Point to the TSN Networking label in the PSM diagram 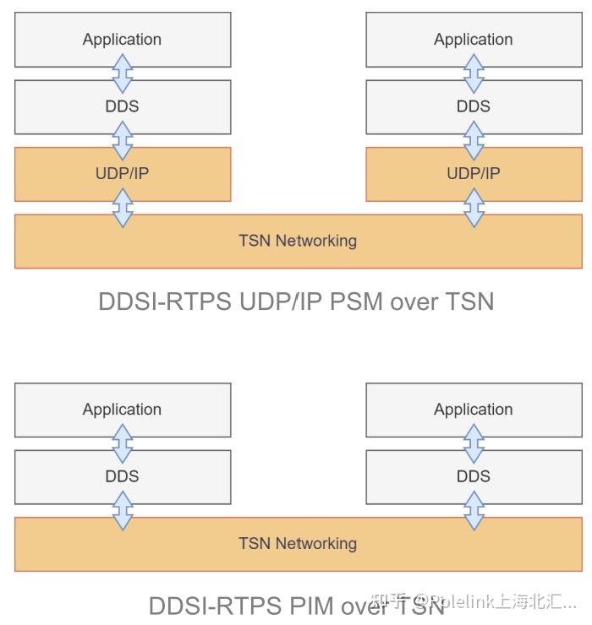[298, 241]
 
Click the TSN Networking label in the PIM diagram [298, 544]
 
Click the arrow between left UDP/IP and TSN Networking [123, 208]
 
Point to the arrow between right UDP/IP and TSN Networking [474, 208]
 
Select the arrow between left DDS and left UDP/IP [123, 140]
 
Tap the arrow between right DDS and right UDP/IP [474, 140]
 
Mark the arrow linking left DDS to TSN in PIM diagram [123, 510]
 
